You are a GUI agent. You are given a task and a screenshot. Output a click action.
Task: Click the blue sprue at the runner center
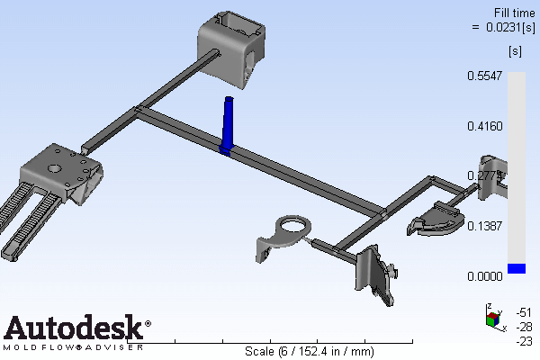(228, 126)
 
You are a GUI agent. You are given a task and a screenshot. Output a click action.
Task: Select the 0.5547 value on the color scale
(484, 76)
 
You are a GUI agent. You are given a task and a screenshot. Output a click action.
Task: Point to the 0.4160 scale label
(484, 126)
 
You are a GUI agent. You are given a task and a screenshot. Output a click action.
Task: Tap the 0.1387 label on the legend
(484, 226)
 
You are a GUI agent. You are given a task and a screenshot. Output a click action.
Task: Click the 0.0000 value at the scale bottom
(484, 276)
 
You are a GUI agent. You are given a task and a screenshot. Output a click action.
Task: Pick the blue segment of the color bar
(517, 268)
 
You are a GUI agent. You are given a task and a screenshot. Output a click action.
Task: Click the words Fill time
(515, 13)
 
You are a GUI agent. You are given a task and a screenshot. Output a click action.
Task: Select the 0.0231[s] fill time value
(510, 27)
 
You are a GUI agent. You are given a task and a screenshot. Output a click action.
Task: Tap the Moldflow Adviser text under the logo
(74, 347)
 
